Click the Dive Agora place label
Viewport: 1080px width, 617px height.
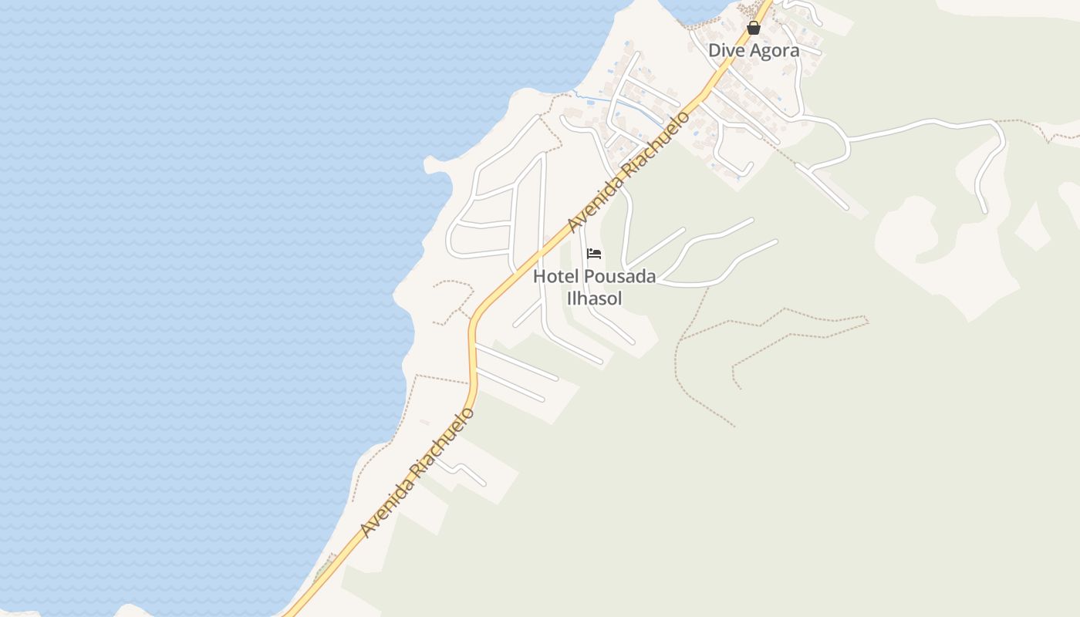coord(754,50)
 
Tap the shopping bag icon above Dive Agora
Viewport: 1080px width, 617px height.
coord(754,29)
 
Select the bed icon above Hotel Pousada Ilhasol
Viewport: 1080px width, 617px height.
coord(594,254)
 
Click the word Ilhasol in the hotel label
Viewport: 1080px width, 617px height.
coord(594,298)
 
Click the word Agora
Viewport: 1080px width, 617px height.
coord(775,50)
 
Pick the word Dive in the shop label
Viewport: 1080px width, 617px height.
coord(727,50)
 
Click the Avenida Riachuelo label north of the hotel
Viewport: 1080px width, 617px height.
coord(628,171)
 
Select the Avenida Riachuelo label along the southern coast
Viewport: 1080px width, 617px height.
coord(417,472)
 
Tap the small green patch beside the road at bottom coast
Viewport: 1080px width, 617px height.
coord(323,571)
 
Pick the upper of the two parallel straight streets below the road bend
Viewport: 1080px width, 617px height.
coord(517,363)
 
